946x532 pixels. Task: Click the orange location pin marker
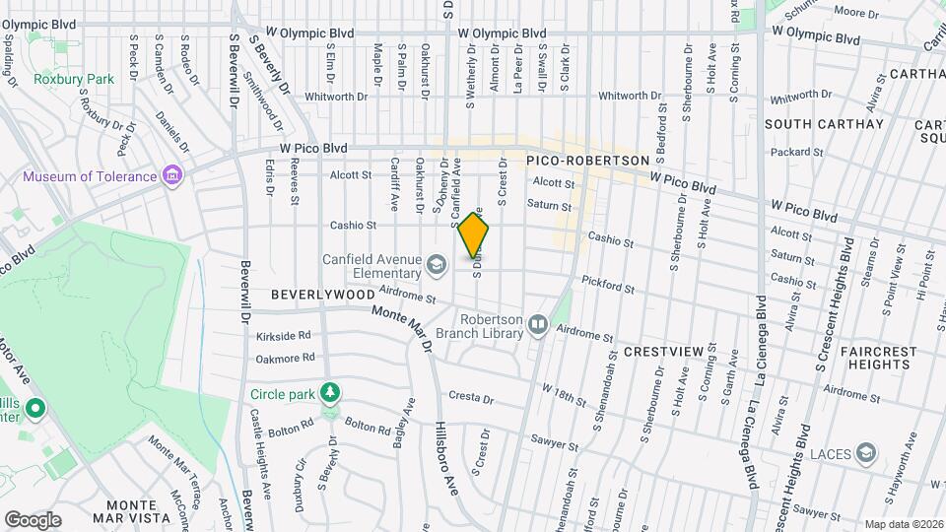[x=474, y=234]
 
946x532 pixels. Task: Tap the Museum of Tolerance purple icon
[x=173, y=176]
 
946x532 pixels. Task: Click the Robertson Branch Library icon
[x=538, y=324]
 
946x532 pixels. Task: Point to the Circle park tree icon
[x=332, y=393]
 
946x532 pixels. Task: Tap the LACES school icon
[x=867, y=452]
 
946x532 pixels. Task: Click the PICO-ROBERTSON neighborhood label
[x=587, y=160]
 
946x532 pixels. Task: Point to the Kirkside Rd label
[x=284, y=336]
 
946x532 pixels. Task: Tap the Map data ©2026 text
[x=903, y=524]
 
